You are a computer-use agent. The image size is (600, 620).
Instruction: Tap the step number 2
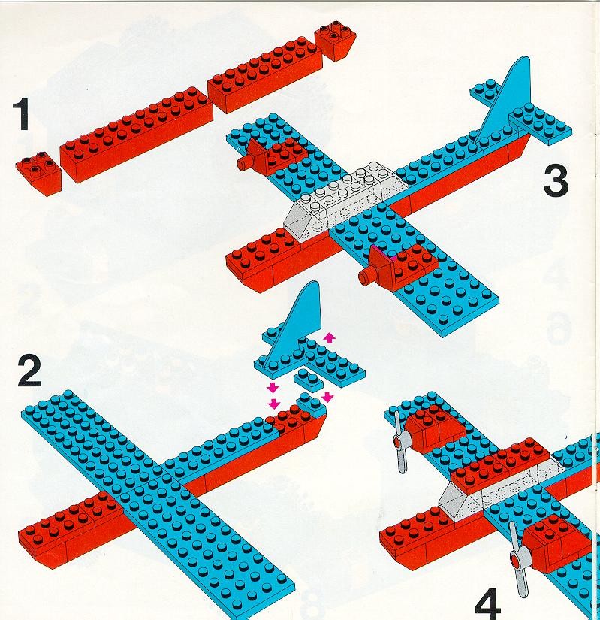29,371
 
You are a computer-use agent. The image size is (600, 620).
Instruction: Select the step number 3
556,180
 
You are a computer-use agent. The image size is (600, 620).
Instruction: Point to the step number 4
487,604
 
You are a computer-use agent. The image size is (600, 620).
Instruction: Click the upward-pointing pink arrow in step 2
329,337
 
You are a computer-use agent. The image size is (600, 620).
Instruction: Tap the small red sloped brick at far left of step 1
38,172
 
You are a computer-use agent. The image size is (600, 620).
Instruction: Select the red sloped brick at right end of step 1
335,40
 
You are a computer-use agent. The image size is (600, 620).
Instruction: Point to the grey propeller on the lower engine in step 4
518,558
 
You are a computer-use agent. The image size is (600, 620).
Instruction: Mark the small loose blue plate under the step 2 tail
309,379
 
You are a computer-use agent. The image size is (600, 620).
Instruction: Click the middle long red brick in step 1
136,135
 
